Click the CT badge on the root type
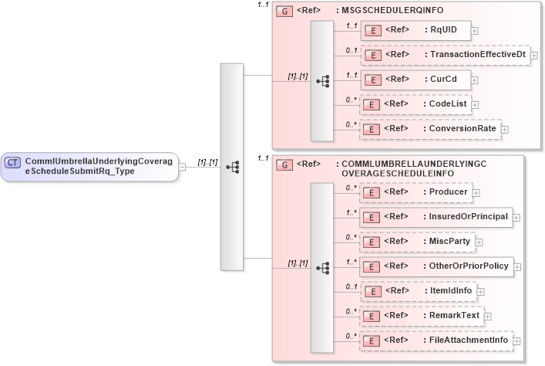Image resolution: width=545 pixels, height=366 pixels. (13, 162)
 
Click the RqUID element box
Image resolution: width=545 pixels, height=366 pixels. (415, 30)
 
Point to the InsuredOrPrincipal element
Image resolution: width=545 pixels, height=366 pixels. (436, 216)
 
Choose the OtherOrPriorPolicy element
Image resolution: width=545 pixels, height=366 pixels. (436, 266)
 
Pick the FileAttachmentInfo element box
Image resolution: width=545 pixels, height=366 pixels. (436, 339)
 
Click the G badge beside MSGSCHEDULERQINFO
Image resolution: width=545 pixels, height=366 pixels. (284, 12)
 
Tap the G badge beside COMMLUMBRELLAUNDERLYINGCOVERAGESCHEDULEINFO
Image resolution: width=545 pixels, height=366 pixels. (284, 164)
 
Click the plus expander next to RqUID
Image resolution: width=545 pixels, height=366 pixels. (474, 31)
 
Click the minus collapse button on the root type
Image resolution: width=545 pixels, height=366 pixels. (182, 166)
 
